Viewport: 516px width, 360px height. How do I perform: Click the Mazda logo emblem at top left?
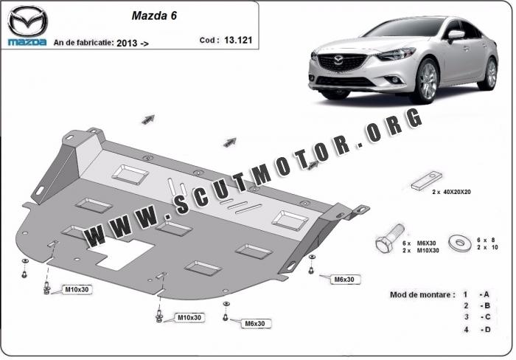pyautogui.click(x=28, y=21)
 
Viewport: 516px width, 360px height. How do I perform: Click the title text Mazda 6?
pyautogui.click(x=154, y=15)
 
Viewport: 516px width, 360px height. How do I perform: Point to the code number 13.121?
pyautogui.click(x=238, y=40)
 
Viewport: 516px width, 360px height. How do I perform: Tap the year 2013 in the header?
pyautogui.click(x=127, y=43)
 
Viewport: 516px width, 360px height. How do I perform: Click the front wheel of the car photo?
pyautogui.click(x=427, y=81)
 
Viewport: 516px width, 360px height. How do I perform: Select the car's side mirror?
pyautogui.click(x=456, y=35)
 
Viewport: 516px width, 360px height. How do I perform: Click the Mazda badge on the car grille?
pyautogui.click(x=338, y=60)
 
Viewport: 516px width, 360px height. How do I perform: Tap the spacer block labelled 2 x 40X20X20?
pyautogui.click(x=427, y=181)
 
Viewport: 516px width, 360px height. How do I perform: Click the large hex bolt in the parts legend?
pyautogui.click(x=389, y=239)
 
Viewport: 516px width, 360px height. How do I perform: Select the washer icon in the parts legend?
pyautogui.click(x=460, y=243)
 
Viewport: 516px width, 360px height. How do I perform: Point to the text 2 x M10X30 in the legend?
pyautogui.click(x=421, y=251)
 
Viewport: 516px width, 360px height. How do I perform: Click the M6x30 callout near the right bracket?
pyautogui.click(x=344, y=280)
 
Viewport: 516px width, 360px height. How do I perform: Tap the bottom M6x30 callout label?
pyautogui.click(x=255, y=324)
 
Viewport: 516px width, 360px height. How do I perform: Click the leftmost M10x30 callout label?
pyautogui.click(x=77, y=289)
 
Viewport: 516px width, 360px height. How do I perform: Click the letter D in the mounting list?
pyautogui.click(x=487, y=329)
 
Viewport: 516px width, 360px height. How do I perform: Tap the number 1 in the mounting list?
pyautogui.click(x=465, y=294)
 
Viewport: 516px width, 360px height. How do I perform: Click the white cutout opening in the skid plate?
pyautogui.click(x=121, y=254)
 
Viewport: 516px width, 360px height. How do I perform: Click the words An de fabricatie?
pyautogui.click(x=83, y=43)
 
